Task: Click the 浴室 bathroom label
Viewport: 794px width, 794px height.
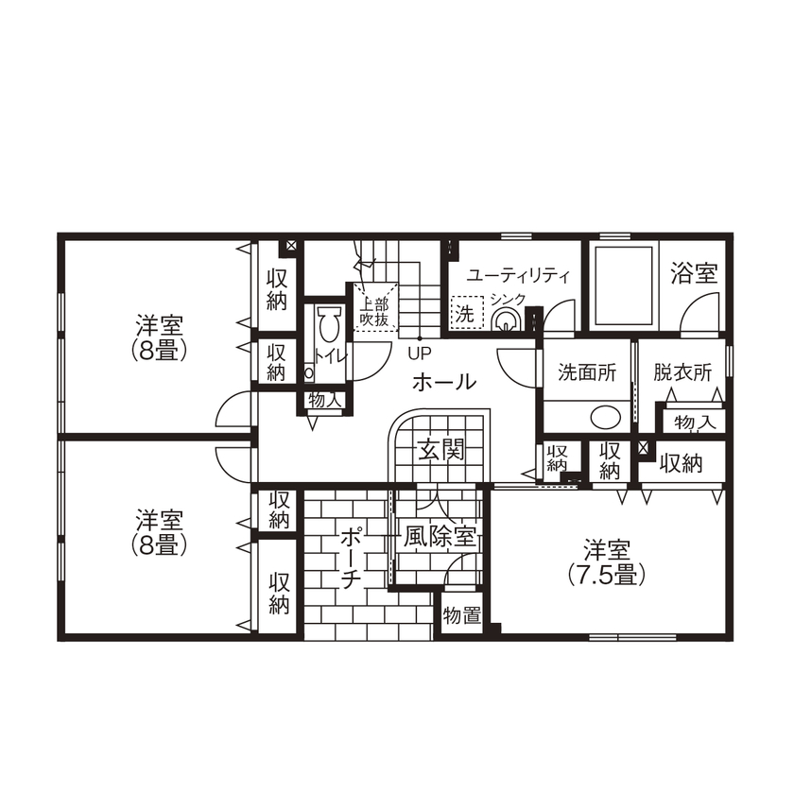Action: click(694, 275)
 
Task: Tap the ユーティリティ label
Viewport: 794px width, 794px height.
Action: click(519, 276)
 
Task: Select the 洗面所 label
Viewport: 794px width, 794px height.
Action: click(586, 372)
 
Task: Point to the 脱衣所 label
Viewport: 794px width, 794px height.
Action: click(682, 372)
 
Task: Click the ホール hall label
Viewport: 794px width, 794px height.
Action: click(443, 382)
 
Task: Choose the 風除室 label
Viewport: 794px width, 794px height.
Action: click(440, 537)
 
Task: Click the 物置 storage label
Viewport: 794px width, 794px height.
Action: click(462, 615)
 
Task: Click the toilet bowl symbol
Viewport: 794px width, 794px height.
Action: click(328, 326)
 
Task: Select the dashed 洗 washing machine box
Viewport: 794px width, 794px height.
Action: click(466, 312)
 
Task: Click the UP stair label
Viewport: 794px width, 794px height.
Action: click(419, 354)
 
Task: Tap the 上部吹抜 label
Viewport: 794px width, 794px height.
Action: click(374, 312)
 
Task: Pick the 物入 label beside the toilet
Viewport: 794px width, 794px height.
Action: click(324, 400)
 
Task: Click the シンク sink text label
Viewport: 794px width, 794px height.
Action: click(508, 300)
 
